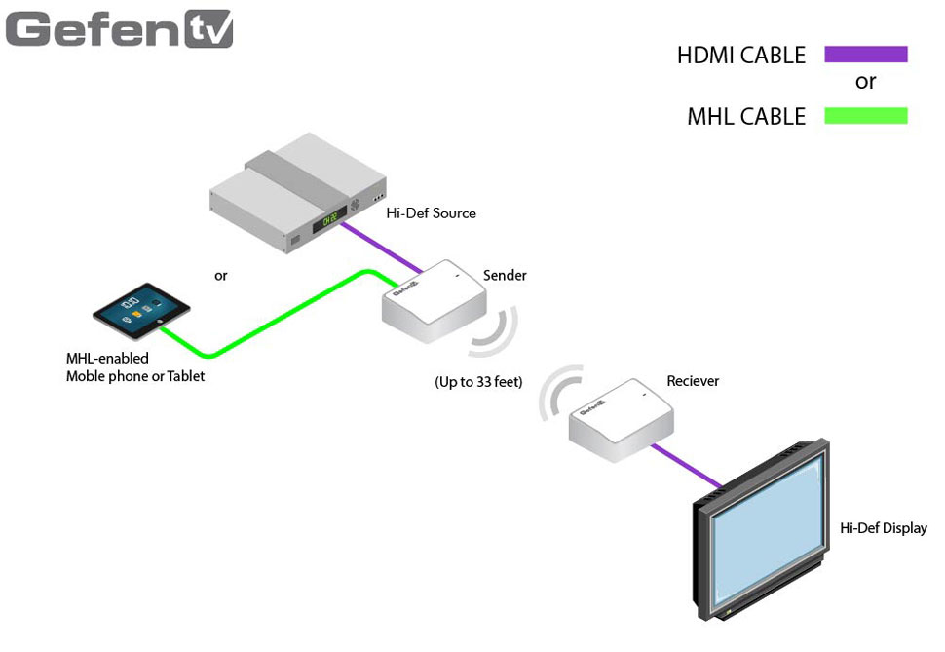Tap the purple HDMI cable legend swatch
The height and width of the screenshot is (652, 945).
865,55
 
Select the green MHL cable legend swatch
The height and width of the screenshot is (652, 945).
865,116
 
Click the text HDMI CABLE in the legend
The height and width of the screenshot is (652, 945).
741,56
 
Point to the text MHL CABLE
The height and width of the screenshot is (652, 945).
746,117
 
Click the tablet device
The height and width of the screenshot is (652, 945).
142,311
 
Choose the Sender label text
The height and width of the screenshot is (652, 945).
505,276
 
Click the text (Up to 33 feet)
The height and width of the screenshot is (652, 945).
478,382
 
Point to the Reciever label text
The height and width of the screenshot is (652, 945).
693,381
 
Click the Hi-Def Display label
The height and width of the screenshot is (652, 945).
883,529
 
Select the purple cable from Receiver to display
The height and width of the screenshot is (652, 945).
688,466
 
